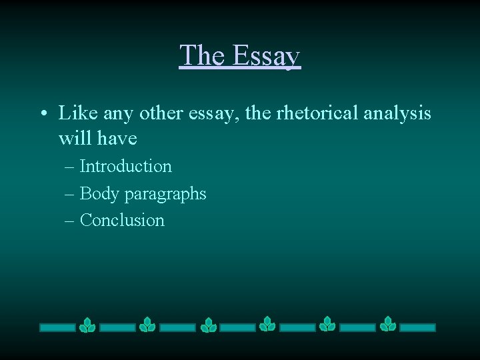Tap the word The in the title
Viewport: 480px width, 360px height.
pos(201,55)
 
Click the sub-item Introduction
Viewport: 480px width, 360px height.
pos(125,166)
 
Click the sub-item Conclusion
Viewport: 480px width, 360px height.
pos(122,220)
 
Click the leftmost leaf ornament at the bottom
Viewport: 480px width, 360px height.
pos(87,325)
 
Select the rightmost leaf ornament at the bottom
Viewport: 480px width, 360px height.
pos(388,325)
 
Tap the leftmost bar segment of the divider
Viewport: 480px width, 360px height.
pos(57,327)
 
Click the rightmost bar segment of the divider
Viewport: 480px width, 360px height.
pos(417,327)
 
